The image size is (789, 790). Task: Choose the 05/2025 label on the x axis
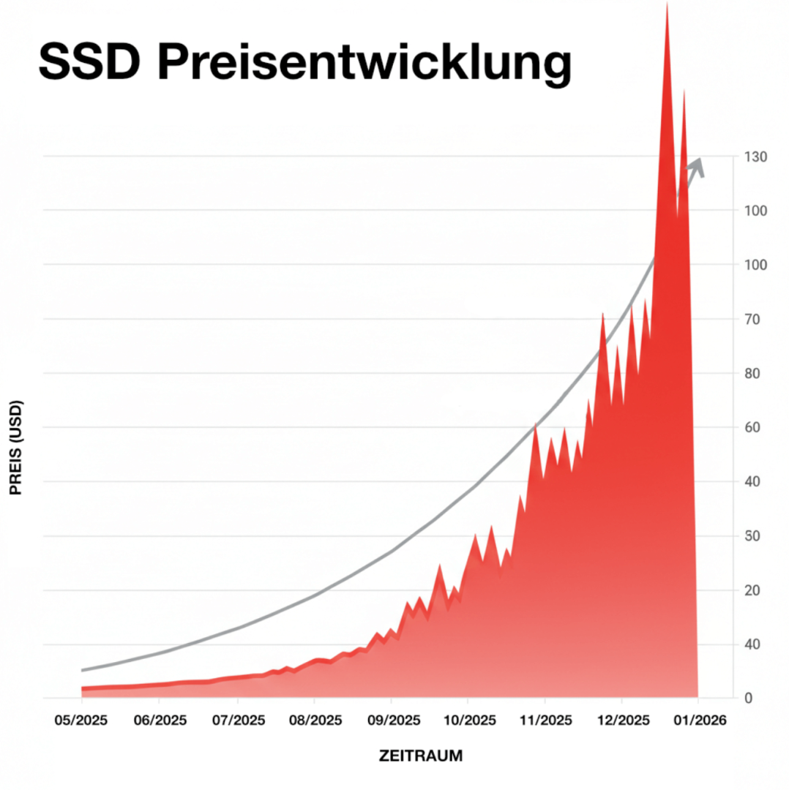pyautogui.click(x=81, y=721)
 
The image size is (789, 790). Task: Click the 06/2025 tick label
pyautogui.click(x=160, y=721)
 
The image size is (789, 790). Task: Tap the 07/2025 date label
pyautogui.click(x=237, y=721)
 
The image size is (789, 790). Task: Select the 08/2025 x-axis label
pyautogui.click(x=314, y=721)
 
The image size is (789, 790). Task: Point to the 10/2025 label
pyautogui.click(x=467, y=721)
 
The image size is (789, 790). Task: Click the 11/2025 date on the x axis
pyautogui.click(x=544, y=721)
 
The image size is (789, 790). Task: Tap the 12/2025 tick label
pyautogui.click(x=621, y=721)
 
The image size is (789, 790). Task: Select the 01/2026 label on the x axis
pyautogui.click(x=698, y=721)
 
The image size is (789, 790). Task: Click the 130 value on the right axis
pyautogui.click(x=755, y=157)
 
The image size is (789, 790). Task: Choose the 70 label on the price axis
pyautogui.click(x=752, y=320)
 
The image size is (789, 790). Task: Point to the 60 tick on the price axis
pyautogui.click(x=752, y=427)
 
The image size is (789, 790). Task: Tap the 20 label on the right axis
pyautogui.click(x=752, y=590)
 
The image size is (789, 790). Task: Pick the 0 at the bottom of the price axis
pyautogui.click(x=748, y=699)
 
